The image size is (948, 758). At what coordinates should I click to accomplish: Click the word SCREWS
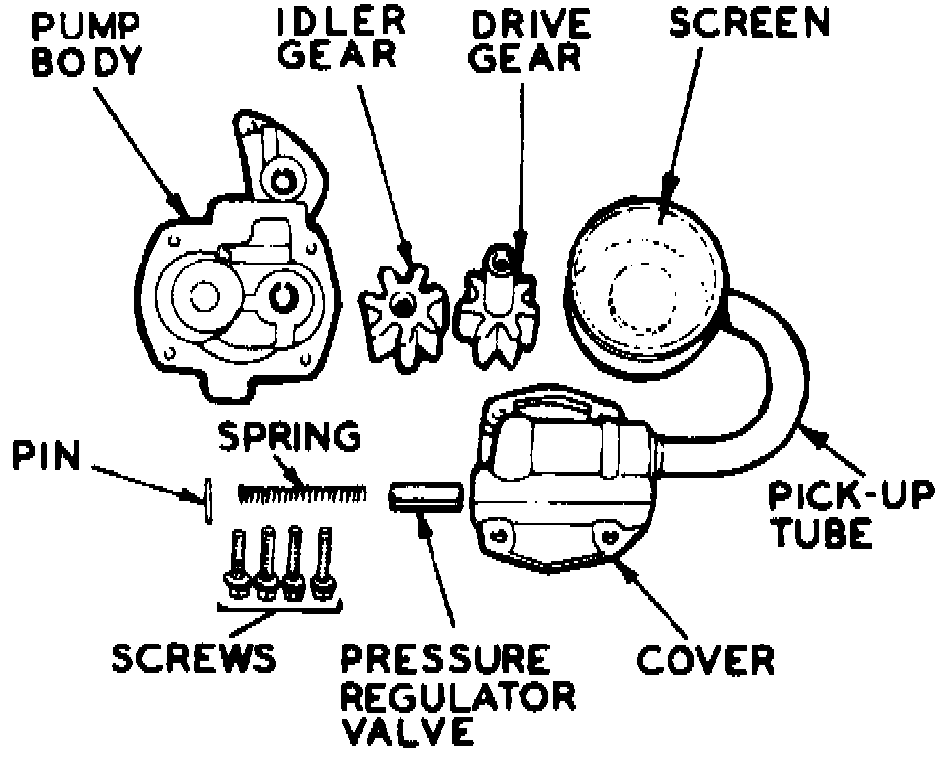(x=193, y=657)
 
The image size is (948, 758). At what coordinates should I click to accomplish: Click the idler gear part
(x=403, y=310)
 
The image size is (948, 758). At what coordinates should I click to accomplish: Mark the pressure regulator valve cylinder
(x=426, y=494)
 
